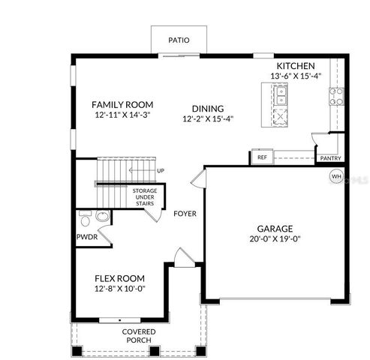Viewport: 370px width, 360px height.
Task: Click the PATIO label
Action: [x=178, y=40]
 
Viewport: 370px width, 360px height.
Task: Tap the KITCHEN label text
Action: [x=295, y=66]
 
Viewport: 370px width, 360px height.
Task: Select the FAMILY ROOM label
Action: [x=122, y=104]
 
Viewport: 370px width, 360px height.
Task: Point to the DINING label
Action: [x=207, y=108]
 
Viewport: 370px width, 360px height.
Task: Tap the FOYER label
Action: [x=185, y=214]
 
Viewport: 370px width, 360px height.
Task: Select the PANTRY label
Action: [x=330, y=158]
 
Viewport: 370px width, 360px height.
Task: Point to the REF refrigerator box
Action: [x=262, y=157]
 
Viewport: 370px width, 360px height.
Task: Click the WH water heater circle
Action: [x=335, y=176]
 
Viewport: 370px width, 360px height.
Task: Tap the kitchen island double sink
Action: [x=280, y=96]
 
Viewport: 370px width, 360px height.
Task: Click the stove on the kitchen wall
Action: [x=336, y=95]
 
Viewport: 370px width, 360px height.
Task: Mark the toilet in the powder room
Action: [x=85, y=220]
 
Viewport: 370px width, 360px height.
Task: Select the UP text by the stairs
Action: [x=160, y=170]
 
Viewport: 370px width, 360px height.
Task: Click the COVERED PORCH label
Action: [x=140, y=336]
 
